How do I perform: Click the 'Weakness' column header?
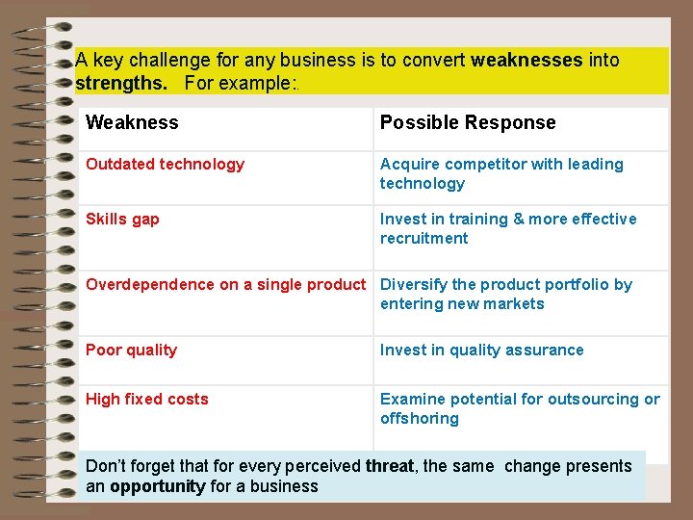[132, 122]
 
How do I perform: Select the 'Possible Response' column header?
[468, 122]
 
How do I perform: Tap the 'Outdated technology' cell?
[165, 165]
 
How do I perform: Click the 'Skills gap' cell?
[122, 220]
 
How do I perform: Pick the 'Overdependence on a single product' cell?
[225, 285]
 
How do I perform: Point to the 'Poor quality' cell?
[131, 351]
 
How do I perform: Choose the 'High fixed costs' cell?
[146, 400]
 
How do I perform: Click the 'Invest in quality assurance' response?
[481, 351]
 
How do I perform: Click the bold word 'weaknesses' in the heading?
[526, 60]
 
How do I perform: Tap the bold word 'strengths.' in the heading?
[121, 83]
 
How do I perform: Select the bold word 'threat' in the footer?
[390, 466]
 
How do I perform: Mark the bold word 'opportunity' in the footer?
[157, 486]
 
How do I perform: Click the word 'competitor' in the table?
[482, 165]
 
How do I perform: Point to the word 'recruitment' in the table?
[423, 239]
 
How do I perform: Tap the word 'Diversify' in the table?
[414, 285]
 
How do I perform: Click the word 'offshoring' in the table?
[419, 419]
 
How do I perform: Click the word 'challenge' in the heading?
[148, 60]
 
